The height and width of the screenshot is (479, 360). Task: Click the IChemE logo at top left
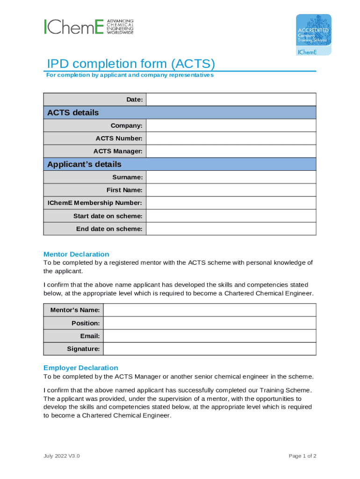tap(88, 27)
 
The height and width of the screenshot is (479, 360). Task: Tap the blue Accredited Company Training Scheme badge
tap(313, 35)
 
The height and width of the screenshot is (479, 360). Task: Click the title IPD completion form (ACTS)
tap(130, 64)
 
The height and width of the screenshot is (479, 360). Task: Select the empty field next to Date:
tap(231, 100)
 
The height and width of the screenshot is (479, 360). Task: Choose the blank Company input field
tap(231, 125)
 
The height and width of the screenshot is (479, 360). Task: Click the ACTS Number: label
tap(119, 138)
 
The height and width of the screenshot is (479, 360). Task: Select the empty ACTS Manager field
tap(231, 151)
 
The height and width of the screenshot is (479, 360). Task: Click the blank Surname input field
tap(231, 177)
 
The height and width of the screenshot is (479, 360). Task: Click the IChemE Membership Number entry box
tap(231, 203)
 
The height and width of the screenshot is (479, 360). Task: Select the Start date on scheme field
tap(231, 216)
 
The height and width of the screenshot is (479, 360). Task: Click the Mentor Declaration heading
tap(76, 254)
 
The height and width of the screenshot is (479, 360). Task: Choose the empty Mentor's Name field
tap(209, 310)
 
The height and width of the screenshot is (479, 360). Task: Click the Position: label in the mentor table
tap(86, 323)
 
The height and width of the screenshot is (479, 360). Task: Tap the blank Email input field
tap(209, 336)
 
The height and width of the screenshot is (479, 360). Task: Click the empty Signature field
tap(209, 349)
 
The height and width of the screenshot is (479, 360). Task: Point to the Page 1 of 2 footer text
tap(302, 456)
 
